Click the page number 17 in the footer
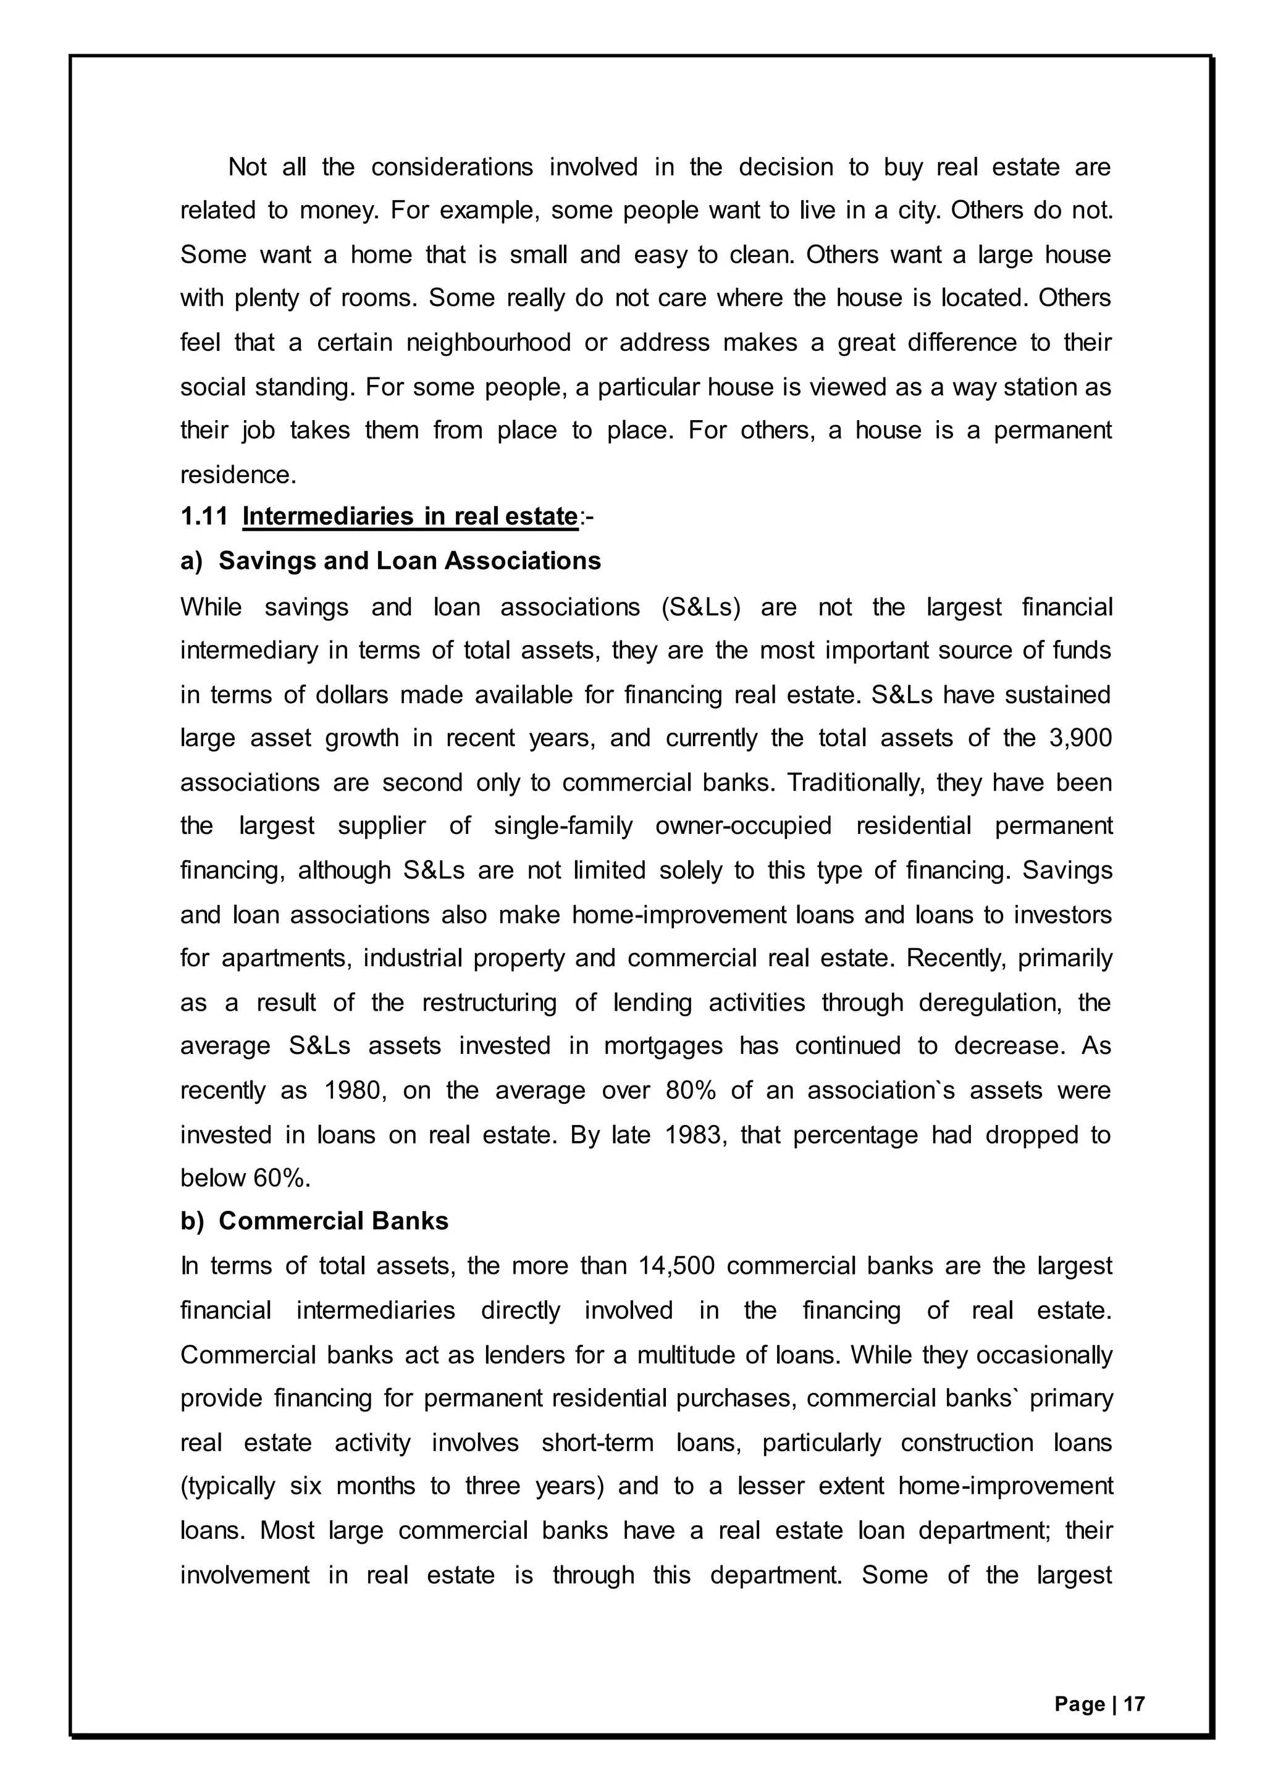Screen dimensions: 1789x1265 click(1135, 1704)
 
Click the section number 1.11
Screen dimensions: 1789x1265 click(203, 516)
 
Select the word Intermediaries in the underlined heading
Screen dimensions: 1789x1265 click(328, 516)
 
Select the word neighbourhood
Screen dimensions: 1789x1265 click(489, 343)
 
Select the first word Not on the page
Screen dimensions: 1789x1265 click(247, 167)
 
